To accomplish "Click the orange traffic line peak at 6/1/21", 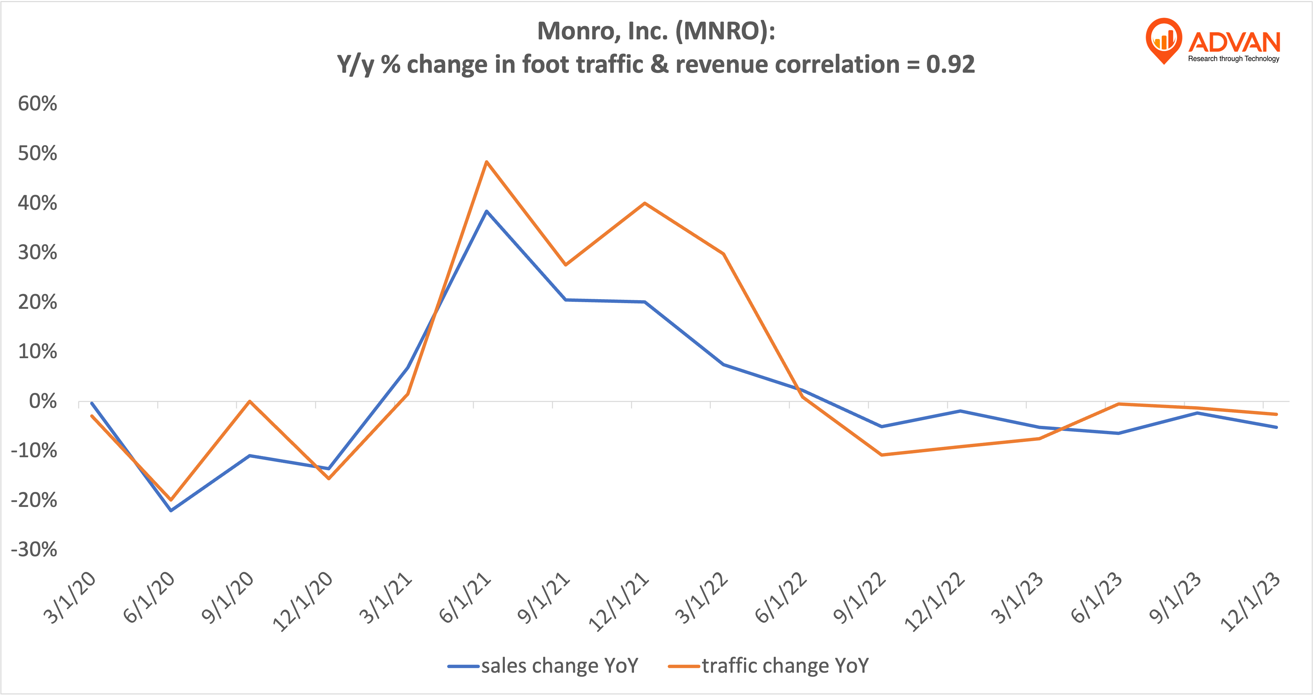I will pyautogui.click(x=486, y=162).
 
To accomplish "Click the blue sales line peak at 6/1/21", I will pyautogui.click(x=486, y=211).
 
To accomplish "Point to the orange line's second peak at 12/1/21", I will pyautogui.click(x=645, y=203).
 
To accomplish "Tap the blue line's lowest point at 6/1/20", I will pyautogui.click(x=171, y=510).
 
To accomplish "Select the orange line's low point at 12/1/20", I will pyautogui.click(x=329, y=479).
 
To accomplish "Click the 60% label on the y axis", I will pyautogui.click(x=37, y=104).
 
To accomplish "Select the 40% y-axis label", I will pyautogui.click(x=37, y=203).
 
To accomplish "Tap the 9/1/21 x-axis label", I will pyautogui.click(x=543, y=598).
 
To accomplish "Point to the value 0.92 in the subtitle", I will pyautogui.click(x=951, y=65).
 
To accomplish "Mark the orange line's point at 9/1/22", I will pyautogui.click(x=882, y=455).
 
